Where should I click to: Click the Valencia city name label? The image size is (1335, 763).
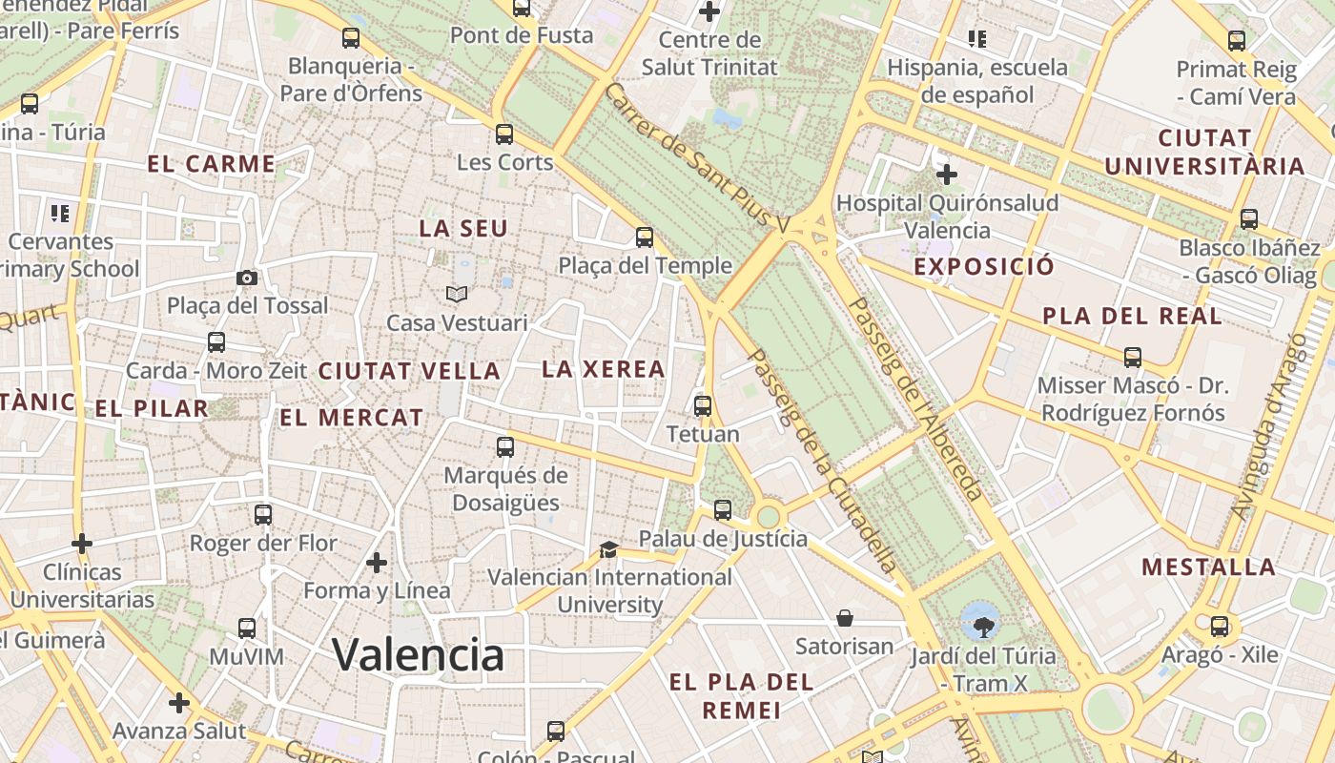coord(418,655)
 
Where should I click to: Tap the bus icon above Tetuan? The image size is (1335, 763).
coord(703,405)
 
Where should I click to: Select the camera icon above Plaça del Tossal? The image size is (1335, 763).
coord(247,278)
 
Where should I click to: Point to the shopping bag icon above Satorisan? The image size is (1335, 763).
coord(845,618)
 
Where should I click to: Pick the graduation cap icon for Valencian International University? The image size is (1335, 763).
coord(608,549)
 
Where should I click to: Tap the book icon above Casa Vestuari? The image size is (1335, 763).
coord(457,294)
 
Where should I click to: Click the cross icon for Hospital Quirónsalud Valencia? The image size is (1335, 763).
coord(947,175)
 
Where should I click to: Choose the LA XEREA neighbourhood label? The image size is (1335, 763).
coord(603,369)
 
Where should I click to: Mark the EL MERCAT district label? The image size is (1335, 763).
coord(351,417)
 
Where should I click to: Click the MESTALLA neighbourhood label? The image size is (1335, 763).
coord(1208,567)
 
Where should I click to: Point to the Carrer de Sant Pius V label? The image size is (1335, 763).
coord(698,158)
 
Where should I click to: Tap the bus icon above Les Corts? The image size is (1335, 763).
coord(504,134)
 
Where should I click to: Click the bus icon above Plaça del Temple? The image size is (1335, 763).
coord(645,237)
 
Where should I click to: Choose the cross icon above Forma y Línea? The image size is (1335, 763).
coord(377,563)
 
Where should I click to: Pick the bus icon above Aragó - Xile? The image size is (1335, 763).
coord(1220,627)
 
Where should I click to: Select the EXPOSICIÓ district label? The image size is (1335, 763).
coord(984,266)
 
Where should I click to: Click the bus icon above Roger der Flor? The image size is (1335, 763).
coord(263,515)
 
